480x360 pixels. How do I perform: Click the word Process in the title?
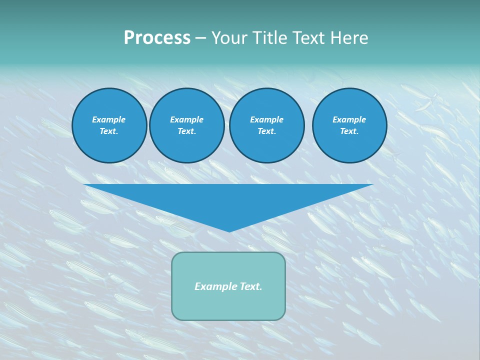point(157,38)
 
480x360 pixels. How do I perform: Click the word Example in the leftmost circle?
point(109,119)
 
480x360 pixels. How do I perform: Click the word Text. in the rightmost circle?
point(349,131)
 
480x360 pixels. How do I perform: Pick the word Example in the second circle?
point(186,119)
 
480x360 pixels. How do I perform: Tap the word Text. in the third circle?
point(266,131)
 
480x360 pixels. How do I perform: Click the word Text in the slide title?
point(307,38)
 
